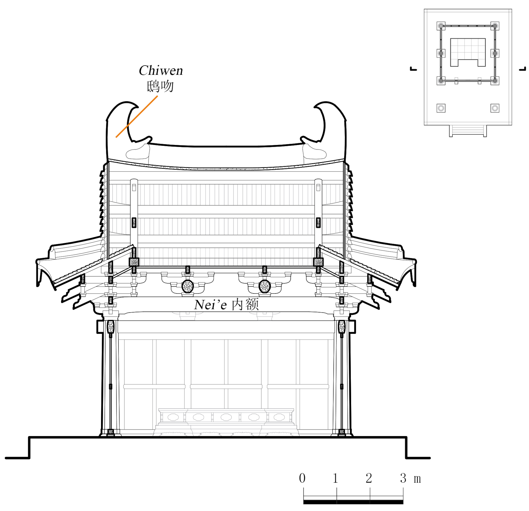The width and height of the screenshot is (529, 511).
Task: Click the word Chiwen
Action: coord(161,71)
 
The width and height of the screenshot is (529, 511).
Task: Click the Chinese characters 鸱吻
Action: coord(160,86)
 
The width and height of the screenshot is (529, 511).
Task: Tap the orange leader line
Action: coord(137,116)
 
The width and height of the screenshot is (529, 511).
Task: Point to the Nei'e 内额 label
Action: coord(226,304)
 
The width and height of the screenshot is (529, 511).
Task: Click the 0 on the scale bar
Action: coord(302,478)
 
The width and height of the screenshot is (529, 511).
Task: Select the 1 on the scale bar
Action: coord(336,478)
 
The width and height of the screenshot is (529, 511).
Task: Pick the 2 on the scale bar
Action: coord(369,478)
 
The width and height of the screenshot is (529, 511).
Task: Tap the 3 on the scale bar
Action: coord(403,478)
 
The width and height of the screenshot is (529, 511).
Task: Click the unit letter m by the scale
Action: coord(417,479)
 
